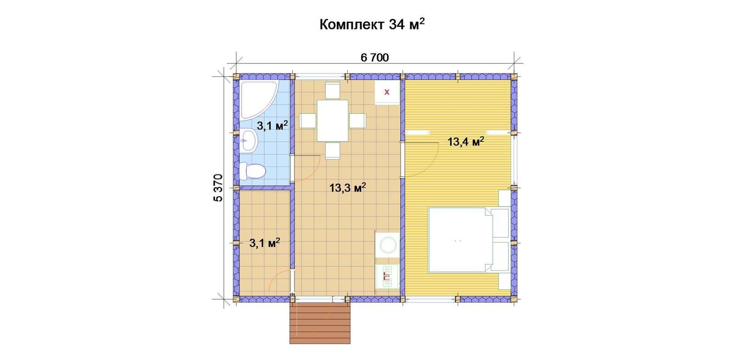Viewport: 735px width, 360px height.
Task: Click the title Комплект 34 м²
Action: (x=372, y=25)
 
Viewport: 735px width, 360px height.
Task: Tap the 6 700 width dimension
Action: (x=375, y=58)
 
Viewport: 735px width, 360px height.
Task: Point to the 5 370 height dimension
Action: (x=218, y=188)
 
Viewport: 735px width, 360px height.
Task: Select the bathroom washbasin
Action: (x=248, y=141)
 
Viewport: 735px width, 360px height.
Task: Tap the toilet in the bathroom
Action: (x=252, y=170)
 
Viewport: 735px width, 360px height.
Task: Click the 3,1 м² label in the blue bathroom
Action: (x=272, y=125)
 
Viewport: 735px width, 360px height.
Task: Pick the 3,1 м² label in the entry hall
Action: (x=265, y=243)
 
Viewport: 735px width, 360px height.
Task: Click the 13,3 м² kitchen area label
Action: (x=347, y=188)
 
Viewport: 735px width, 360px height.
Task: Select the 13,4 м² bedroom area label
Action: (x=466, y=141)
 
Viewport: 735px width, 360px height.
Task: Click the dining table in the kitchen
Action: (x=333, y=121)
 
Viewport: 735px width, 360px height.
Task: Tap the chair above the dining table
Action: (x=333, y=90)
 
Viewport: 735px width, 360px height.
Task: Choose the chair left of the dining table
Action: (x=308, y=121)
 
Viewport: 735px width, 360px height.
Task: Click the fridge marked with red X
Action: (x=387, y=92)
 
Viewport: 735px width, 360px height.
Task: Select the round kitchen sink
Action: (x=388, y=244)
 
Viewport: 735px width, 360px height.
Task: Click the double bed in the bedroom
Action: (x=469, y=240)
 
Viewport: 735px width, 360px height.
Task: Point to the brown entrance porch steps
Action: (x=320, y=323)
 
